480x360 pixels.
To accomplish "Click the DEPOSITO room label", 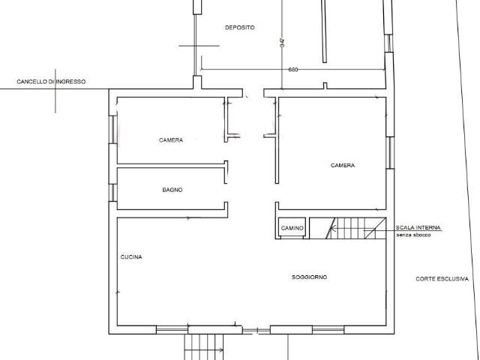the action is coord(240,28).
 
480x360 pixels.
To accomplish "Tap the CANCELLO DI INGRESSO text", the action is coord(51,82).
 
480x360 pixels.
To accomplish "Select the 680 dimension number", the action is coord(293,70).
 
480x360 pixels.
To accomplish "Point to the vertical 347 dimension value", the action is coord(282,42).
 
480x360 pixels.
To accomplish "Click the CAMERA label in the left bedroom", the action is coord(171,140).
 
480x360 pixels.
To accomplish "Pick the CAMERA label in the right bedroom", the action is coord(343,165).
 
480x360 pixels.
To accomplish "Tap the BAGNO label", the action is coord(172,190).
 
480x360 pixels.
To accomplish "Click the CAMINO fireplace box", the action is coord(292,228).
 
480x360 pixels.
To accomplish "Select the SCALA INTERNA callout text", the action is coord(418,228).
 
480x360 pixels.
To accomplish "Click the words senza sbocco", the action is coord(413,235).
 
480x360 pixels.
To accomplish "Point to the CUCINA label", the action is coord(131,256).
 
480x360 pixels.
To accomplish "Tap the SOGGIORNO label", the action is coord(309,277).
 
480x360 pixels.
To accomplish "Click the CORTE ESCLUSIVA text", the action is coord(442,279).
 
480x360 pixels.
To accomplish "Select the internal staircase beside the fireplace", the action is coord(348,228).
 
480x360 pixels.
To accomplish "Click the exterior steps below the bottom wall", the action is coord(204,347).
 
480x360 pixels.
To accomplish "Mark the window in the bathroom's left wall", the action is coord(113,193).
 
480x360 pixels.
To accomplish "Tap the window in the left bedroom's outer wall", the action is coord(113,129).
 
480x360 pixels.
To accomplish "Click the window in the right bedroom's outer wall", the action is coord(390,153).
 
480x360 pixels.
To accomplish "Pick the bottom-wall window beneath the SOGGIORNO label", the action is coord(328,330).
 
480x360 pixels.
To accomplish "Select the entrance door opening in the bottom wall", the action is coord(256,330).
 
